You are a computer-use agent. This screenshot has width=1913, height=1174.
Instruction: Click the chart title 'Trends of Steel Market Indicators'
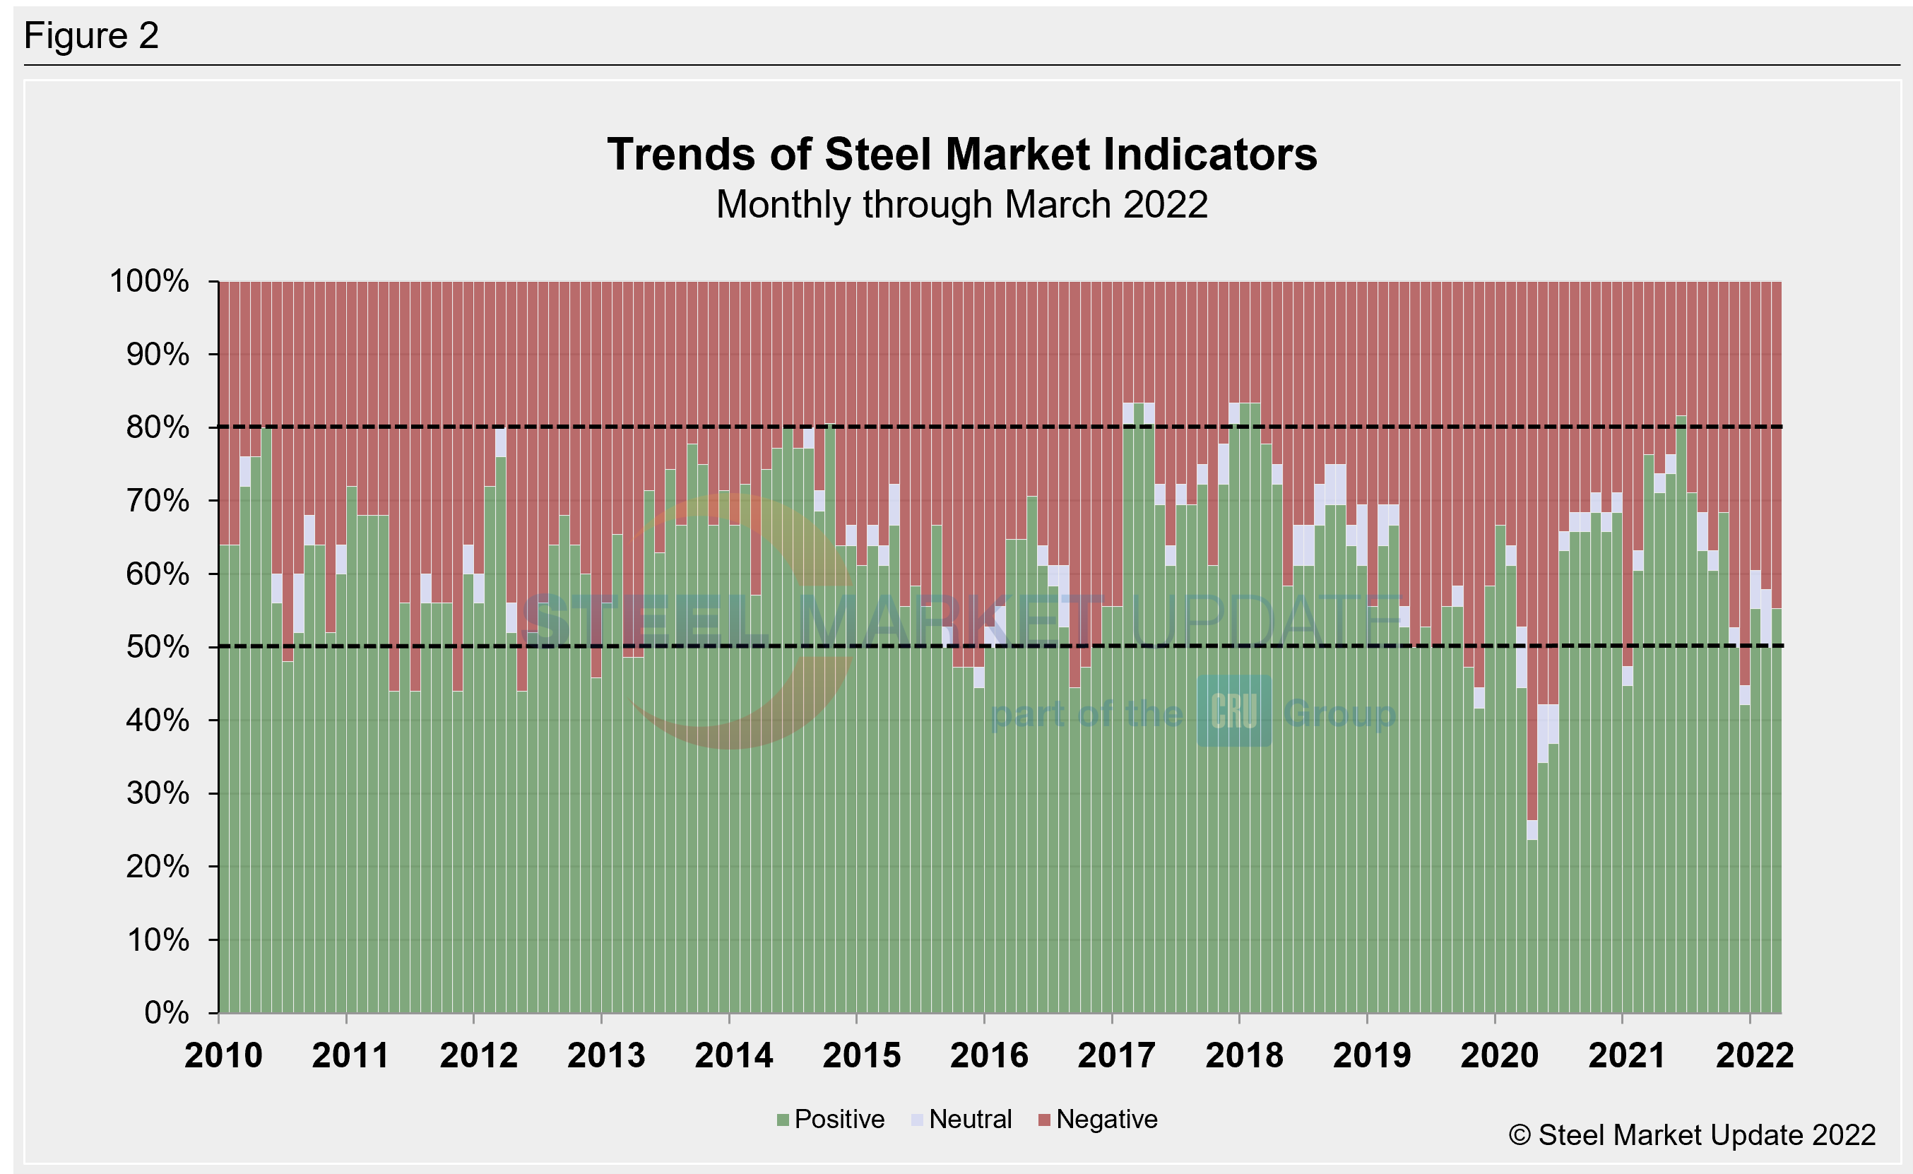coord(961,155)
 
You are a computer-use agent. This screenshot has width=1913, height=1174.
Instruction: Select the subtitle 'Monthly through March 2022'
coord(961,205)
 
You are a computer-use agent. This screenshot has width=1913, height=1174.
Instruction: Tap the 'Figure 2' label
coord(91,36)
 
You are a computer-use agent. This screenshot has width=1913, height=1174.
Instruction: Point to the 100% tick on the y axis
coord(150,281)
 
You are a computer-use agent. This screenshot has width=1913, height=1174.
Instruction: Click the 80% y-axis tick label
coord(158,427)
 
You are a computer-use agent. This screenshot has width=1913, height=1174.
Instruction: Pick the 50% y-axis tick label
coord(158,647)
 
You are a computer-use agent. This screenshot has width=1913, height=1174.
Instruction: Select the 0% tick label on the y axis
coord(166,1012)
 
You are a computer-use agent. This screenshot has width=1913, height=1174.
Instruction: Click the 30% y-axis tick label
coord(158,793)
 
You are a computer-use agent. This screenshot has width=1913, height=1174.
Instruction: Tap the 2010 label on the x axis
coord(224,1056)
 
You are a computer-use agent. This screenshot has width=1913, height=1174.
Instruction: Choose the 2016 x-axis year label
coord(989,1056)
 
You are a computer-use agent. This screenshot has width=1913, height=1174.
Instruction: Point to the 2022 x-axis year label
coord(1755,1056)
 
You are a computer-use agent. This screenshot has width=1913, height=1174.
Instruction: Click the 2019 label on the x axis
coord(1372,1056)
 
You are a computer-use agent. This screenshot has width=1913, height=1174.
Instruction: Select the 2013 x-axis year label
coord(606,1056)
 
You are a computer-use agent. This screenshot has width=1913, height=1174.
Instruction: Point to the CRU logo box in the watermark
coord(1233,711)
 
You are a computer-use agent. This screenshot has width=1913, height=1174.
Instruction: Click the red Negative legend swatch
coord(1044,1120)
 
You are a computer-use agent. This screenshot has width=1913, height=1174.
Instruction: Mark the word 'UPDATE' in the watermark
coord(1265,619)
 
